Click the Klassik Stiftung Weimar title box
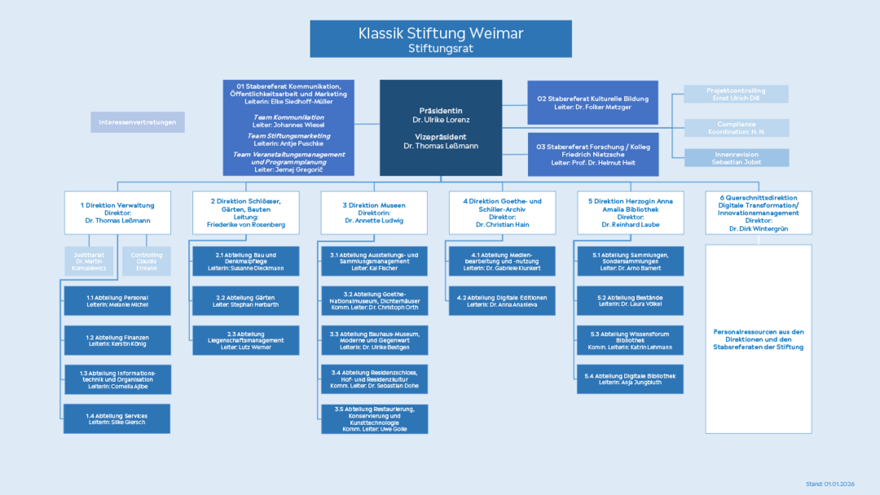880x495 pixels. pyautogui.click(x=440, y=39)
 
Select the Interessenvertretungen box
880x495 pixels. pyautogui.click(x=138, y=122)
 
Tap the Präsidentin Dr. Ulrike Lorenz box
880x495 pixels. pyautogui.click(x=441, y=128)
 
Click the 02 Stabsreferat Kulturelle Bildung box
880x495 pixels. pyautogui.click(x=592, y=103)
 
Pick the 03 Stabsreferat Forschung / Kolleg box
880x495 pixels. pyautogui.click(x=592, y=155)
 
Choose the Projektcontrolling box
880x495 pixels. pyautogui.click(x=736, y=94)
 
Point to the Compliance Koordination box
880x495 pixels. pyautogui.click(x=736, y=128)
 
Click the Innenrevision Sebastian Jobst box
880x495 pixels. pyautogui.click(x=736, y=158)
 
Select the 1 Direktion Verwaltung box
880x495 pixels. pyautogui.click(x=118, y=212)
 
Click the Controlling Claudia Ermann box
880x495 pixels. pyautogui.click(x=147, y=261)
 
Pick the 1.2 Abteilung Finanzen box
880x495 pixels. pyautogui.click(x=117, y=340)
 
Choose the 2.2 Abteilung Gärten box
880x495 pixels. pyautogui.click(x=245, y=300)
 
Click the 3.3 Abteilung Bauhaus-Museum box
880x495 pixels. pyautogui.click(x=374, y=340)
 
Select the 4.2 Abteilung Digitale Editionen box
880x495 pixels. pyautogui.click(x=502, y=300)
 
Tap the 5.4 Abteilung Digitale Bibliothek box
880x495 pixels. pyautogui.click(x=631, y=379)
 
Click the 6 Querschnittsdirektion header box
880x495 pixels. pyautogui.click(x=759, y=212)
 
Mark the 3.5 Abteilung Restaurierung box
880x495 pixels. pyautogui.click(x=374, y=419)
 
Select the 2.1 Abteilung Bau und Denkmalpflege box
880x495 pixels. pyautogui.click(x=245, y=261)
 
